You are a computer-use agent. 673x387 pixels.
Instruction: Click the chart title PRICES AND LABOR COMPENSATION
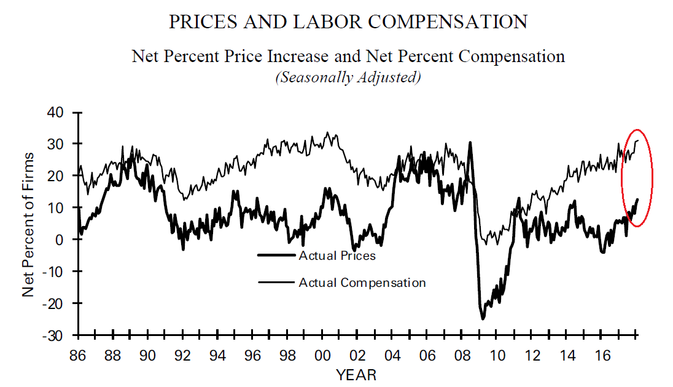tap(348, 22)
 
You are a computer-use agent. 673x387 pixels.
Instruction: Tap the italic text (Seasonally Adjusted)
tap(348, 78)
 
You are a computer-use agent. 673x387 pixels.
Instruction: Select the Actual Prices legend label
tap(336, 255)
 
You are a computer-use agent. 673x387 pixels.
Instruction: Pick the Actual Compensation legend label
tap(362, 283)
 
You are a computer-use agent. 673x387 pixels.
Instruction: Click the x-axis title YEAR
tap(356, 374)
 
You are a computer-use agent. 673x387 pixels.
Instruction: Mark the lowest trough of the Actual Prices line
tap(483, 319)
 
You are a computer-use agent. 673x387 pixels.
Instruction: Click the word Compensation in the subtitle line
tap(512, 57)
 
